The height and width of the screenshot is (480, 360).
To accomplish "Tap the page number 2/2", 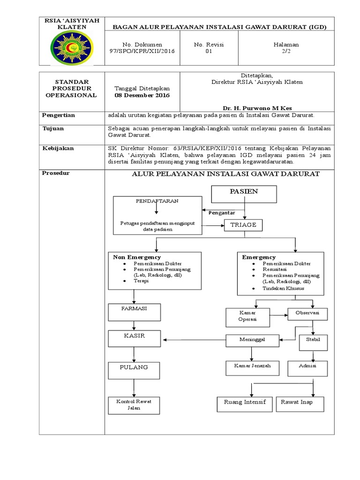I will click(286, 51).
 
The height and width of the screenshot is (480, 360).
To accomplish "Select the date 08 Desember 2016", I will click(142, 95).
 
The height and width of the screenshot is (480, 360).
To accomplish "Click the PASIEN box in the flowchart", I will click(244, 192).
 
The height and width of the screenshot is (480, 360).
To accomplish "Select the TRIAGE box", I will click(243, 225).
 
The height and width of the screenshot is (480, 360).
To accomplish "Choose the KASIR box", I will click(135, 337).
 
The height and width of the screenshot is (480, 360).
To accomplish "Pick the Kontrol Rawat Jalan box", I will click(134, 405).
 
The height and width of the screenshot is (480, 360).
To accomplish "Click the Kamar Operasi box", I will click(247, 317).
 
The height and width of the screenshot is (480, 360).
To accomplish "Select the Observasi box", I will click(307, 313).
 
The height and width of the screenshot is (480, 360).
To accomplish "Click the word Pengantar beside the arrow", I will click(222, 213).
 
